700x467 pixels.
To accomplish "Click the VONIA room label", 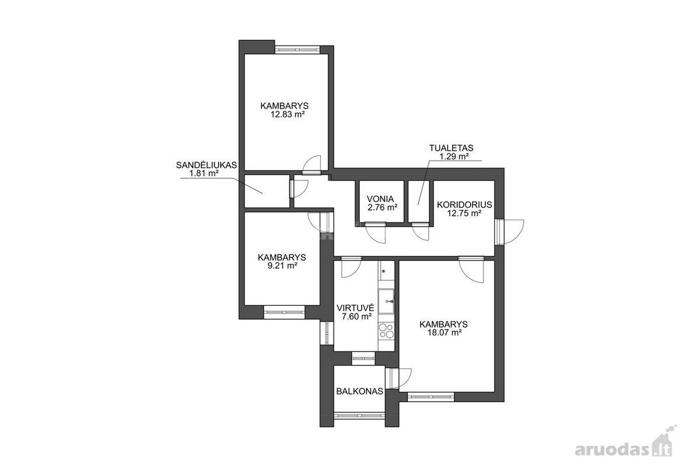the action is click(380, 198).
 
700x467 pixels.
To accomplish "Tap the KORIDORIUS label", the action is click(464, 205).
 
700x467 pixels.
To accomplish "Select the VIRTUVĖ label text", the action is click(355, 308).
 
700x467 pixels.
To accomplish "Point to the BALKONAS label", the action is click(360, 391).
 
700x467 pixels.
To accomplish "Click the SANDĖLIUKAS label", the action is click(206, 165).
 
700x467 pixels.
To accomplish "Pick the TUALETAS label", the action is click(452, 148).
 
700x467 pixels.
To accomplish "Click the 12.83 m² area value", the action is click(288, 114).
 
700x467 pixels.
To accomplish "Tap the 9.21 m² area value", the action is click(282, 266).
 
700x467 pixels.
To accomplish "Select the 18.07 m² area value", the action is click(444, 333).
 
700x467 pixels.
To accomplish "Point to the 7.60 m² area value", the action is click(356, 316).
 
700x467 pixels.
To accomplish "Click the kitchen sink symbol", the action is click(386, 301).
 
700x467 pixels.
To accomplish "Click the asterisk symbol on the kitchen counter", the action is click(383, 271).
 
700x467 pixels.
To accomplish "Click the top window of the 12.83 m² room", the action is click(297, 50).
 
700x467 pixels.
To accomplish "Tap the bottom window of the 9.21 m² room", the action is click(284, 312).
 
